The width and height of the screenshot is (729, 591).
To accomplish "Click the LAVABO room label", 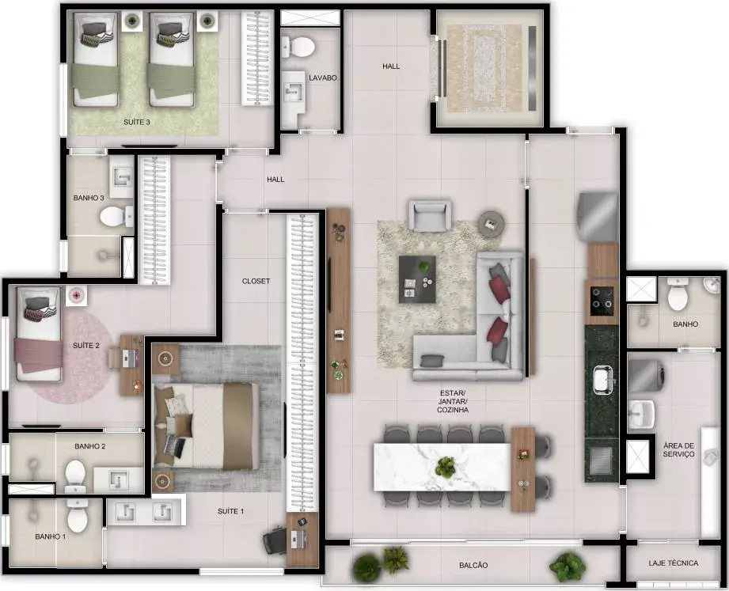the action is tap(323, 78).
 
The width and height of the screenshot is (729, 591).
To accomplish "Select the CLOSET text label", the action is tap(256, 281).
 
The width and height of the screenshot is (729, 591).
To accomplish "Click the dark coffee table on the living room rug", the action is tap(417, 279).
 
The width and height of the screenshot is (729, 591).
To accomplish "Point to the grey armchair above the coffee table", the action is tap(430, 215).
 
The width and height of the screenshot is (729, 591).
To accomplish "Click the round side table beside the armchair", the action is tap(492, 225).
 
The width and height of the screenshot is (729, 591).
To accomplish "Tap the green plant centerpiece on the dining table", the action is tap(446, 467).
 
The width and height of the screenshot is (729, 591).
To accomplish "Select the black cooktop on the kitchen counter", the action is tap(602, 300).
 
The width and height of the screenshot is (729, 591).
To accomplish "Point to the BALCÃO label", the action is tap(473, 565).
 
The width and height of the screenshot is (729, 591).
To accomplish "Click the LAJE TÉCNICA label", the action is tap(674, 563).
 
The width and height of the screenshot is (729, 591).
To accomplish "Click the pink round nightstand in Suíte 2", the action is tap(76, 296).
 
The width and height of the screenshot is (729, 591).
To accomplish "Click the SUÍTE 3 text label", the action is tap(137, 122).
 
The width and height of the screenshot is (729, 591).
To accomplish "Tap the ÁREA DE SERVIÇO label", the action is tap(679, 449).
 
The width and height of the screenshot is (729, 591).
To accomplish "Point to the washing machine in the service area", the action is tap(646, 376).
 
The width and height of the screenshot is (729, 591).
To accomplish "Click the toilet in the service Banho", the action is tap(678, 294).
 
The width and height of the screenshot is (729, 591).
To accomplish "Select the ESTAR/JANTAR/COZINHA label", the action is tap(453, 401).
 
